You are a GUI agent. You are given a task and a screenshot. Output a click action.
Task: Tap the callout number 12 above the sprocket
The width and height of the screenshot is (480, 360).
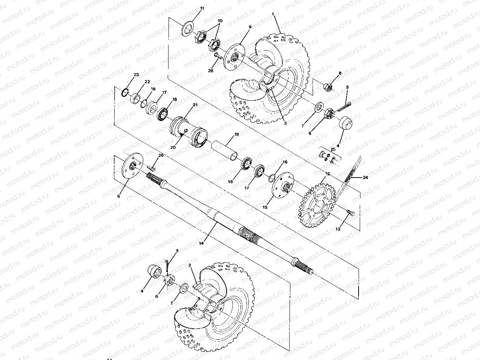(328, 174)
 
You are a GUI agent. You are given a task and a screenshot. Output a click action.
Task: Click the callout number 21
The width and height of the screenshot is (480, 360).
(195, 105)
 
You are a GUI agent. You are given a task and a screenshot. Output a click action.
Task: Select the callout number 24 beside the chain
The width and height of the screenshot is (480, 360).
(365, 177)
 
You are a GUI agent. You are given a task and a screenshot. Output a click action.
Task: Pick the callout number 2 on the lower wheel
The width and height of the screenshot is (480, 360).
(191, 266)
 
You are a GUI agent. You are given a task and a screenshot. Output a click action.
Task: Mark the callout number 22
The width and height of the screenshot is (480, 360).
(147, 81)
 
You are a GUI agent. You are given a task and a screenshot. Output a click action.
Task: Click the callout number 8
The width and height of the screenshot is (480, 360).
(340, 74)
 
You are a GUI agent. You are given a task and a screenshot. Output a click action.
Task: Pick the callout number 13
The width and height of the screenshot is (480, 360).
(338, 229)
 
